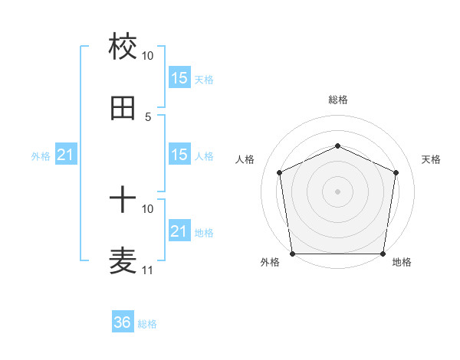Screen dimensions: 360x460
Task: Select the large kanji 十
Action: [123, 201]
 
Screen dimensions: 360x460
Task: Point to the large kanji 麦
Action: [123, 260]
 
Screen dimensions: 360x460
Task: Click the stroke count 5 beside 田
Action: [148, 116]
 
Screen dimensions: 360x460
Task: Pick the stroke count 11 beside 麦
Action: [147, 270]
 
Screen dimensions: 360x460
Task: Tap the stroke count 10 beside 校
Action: [147, 56]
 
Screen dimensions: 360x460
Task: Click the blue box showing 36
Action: [123, 322]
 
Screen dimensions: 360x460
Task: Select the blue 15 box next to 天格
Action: [179, 78]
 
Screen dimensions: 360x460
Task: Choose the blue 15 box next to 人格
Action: [179, 155]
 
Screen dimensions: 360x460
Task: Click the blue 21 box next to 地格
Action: [179, 231]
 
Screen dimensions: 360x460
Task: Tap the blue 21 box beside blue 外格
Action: [66, 155]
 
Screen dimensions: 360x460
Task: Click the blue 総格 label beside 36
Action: [147, 324]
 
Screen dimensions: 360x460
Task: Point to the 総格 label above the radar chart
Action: [338, 100]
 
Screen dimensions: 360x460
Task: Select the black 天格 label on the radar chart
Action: [431, 159]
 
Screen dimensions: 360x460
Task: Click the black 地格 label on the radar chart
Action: [402, 263]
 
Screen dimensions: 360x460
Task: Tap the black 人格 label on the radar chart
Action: [245, 159]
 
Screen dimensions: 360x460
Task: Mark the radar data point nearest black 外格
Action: [293, 254]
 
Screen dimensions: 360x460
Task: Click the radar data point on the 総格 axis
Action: [338, 145]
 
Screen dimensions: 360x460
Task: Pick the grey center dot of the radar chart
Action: [338, 191]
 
